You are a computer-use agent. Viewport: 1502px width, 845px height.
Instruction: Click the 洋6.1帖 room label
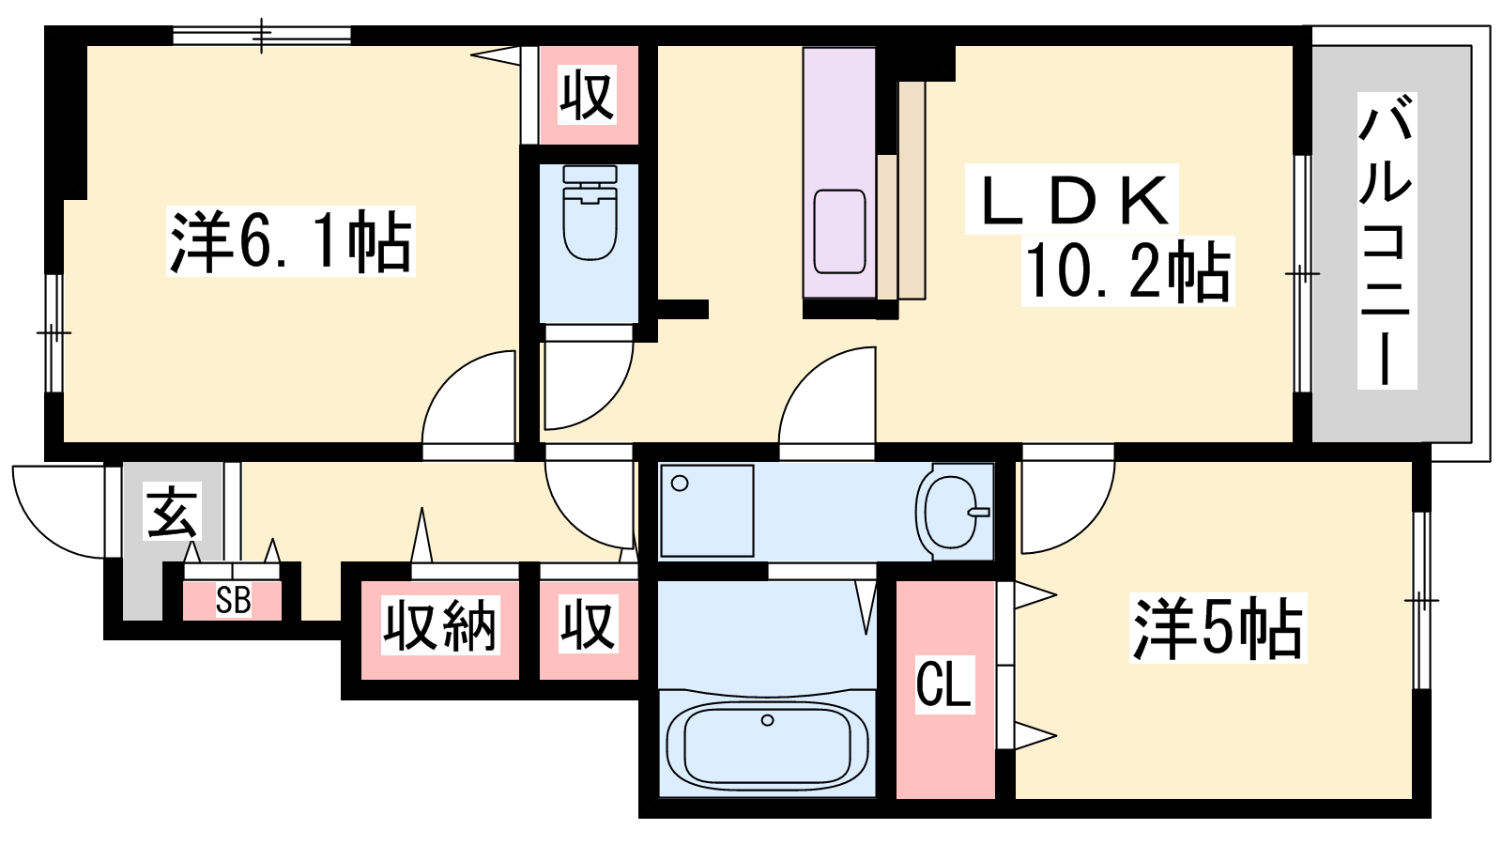point(290,241)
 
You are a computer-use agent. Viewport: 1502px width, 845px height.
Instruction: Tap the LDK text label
point(1071,200)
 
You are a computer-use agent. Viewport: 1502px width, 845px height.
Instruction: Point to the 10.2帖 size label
point(1127,271)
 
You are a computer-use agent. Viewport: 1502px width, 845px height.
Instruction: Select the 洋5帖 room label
point(1218,628)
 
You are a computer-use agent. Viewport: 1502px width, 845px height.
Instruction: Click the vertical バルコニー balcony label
point(1387,240)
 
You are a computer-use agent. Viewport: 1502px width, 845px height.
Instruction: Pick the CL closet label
point(944,684)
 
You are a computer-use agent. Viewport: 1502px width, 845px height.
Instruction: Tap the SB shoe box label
point(234,600)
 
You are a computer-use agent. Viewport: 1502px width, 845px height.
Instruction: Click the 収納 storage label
point(440,625)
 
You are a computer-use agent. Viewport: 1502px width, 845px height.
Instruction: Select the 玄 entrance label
point(173,513)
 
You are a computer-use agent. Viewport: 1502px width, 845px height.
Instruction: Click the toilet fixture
point(590,212)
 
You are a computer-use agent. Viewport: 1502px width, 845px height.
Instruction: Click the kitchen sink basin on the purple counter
point(839,231)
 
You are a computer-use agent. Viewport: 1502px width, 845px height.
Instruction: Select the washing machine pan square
point(707,511)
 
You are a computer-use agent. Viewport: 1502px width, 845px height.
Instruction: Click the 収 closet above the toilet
point(588,95)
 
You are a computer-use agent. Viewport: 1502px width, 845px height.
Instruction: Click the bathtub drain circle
point(768,720)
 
